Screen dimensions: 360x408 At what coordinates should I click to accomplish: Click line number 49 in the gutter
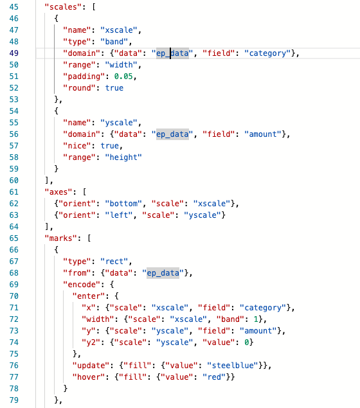(14, 53)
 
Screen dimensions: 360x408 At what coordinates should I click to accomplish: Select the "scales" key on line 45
(61, 7)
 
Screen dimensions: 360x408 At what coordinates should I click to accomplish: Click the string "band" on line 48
(114, 42)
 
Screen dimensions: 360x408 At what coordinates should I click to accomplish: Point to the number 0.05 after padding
(123, 76)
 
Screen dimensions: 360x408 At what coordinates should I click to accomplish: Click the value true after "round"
(114, 88)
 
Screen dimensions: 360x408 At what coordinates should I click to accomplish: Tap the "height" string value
(123, 157)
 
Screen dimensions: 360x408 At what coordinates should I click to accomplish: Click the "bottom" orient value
(123, 204)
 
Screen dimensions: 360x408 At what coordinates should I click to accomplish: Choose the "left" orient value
(119, 215)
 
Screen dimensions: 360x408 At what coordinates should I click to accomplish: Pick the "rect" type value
(114, 262)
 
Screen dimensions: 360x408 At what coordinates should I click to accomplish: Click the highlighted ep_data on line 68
(163, 273)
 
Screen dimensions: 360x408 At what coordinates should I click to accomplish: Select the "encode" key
(82, 285)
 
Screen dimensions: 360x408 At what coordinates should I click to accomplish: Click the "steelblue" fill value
(233, 366)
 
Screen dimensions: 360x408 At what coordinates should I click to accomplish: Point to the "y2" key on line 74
(91, 342)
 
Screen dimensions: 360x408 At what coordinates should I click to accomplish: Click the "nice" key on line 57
(77, 146)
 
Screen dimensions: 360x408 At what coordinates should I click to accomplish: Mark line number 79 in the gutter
(14, 400)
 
